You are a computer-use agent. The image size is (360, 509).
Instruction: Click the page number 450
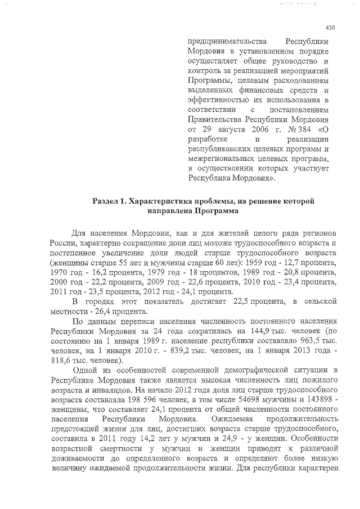pos(330,27)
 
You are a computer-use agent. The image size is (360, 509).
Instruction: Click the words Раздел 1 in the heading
pos(112,201)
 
